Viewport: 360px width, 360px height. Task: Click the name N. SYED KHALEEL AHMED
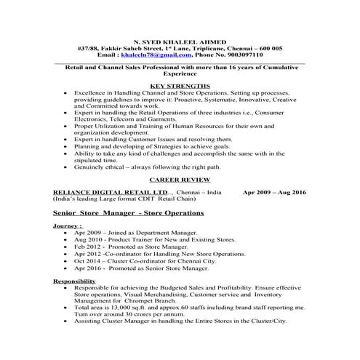(180, 41)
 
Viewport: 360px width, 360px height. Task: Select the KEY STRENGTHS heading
(180, 86)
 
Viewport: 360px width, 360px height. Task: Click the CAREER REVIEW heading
(180, 177)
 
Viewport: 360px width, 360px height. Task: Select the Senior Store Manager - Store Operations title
(129, 212)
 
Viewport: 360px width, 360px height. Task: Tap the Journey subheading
(68, 226)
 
